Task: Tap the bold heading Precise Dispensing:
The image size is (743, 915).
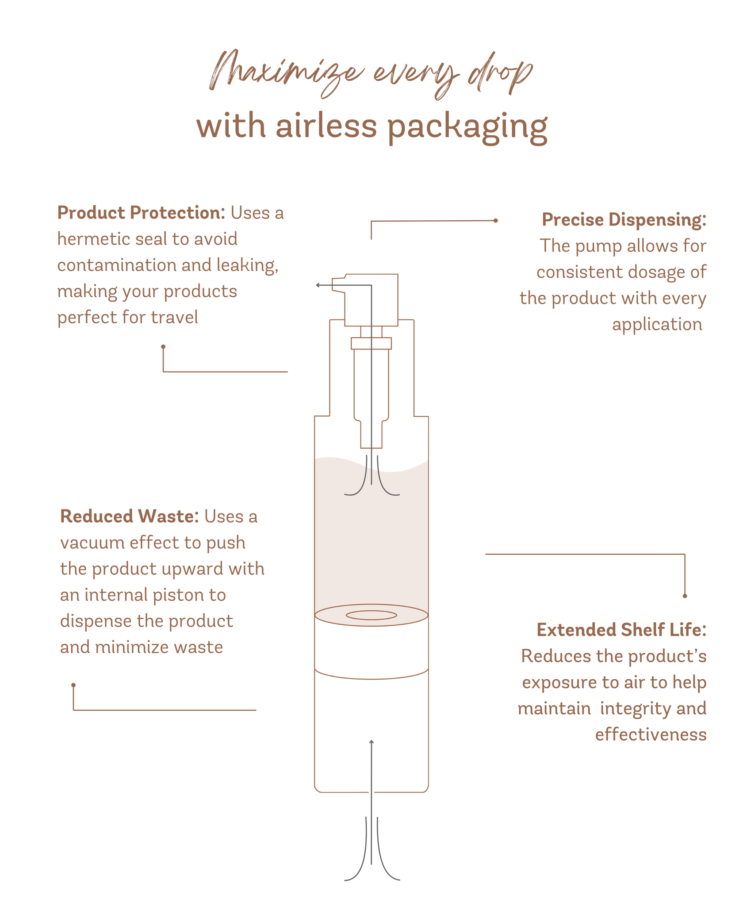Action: pyautogui.click(x=624, y=220)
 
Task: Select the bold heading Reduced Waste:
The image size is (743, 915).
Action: pyautogui.click(x=129, y=516)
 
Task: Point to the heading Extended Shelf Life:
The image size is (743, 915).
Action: pyautogui.click(x=621, y=630)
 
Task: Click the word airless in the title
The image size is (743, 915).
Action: pyautogui.click(x=326, y=126)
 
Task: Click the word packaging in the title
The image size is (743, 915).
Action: pyautogui.click(x=467, y=127)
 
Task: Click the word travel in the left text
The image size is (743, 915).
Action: pyautogui.click(x=174, y=318)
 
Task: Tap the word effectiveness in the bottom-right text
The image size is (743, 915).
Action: pyautogui.click(x=650, y=735)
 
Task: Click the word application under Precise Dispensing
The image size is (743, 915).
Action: pyautogui.click(x=656, y=324)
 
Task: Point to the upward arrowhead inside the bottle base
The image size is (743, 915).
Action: pyautogui.click(x=371, y=742)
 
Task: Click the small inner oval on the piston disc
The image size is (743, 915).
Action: pyautogui.click(x=371, y=615)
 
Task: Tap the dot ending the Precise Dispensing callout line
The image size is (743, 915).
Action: pyautogui.click(x=495, y=221)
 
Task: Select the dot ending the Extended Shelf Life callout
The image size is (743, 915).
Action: pyautogui.click(x=685, y=596)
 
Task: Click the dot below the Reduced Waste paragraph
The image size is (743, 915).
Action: pyautogui.click(x=73, y=685)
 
